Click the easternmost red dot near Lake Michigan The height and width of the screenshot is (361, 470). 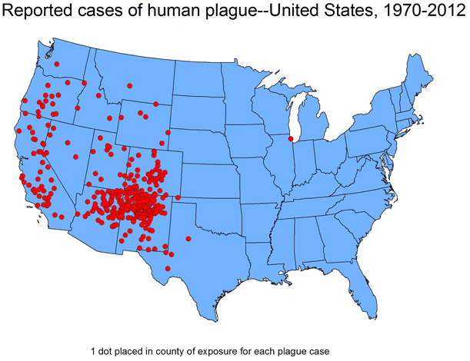(x=292, y=139)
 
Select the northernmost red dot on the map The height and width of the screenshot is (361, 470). (x=57, y=64)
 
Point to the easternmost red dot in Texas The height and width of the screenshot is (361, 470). (x=188, y=238)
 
